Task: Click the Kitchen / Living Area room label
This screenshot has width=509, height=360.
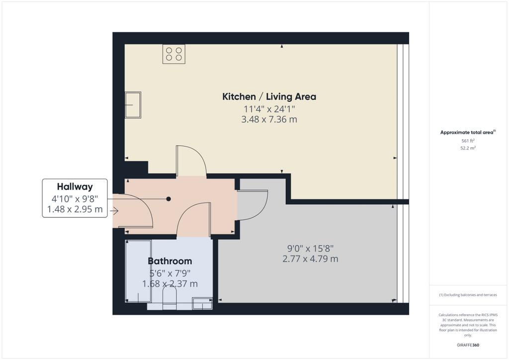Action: pyautogui.click(x=269, y=96)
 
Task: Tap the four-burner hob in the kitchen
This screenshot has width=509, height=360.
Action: pyautogui.click(x=174, y=54)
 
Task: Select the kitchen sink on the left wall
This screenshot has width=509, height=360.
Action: pyautogui.click(x=133, y=105)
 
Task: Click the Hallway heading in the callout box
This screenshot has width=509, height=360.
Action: pyautogui.click(x=75, y=186)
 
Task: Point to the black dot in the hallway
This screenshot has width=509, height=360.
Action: pyautogui.click(x=169, y=199)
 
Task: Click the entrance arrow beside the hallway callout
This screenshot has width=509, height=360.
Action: pyautogui.click(x=114, y=211)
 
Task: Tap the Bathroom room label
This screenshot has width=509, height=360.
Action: pyautogui.click(x=170, y=261)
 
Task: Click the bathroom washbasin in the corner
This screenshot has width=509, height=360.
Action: pyautogui.click(x=202, y=303)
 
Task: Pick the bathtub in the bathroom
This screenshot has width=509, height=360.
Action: pyautogui.click(x=138, y=271)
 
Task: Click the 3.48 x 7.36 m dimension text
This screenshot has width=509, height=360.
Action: pyautogui.click(x=269, y=119)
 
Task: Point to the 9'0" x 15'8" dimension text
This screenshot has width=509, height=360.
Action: pyautogui.click(x=310, y=249)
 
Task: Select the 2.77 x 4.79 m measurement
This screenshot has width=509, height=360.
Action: pyautogui.click(x=310, y=259)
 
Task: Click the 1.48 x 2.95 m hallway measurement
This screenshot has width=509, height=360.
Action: pyautogui.click(x=75, y=209)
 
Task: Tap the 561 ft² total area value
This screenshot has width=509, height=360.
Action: pyautogui.click(x=468, y=141)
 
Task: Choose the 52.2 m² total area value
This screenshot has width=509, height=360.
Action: pyautogui.click(x=468, y=148)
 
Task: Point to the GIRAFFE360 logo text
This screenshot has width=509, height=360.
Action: pyautogui.click(x=468, y=345)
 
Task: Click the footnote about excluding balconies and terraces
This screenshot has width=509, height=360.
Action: pyautogui.click(x=468, y=295)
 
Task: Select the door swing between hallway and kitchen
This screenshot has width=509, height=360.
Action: pyautogui.click(x=191, y=161)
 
